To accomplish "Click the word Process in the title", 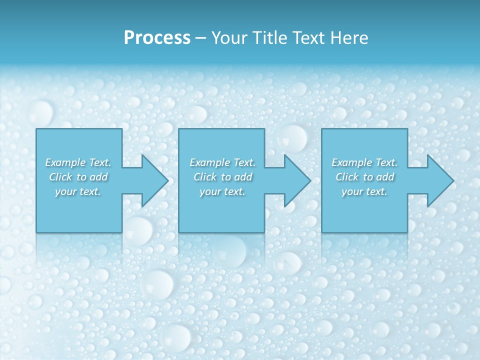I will (x=157, y=38).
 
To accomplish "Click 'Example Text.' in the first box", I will (x=78, y=162).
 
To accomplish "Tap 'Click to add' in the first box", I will (x=78, y=177).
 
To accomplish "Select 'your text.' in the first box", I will (x=78, y=191).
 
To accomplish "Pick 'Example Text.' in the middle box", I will (x=222, y=162).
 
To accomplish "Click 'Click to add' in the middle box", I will (x=222, y=177).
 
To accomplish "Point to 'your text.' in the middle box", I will (x=222, y=191).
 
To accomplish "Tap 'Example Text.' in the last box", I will (x=364, y=162).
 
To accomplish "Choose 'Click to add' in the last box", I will (x=364, y=177).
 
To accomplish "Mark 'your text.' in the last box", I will (x=364, y=191).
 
